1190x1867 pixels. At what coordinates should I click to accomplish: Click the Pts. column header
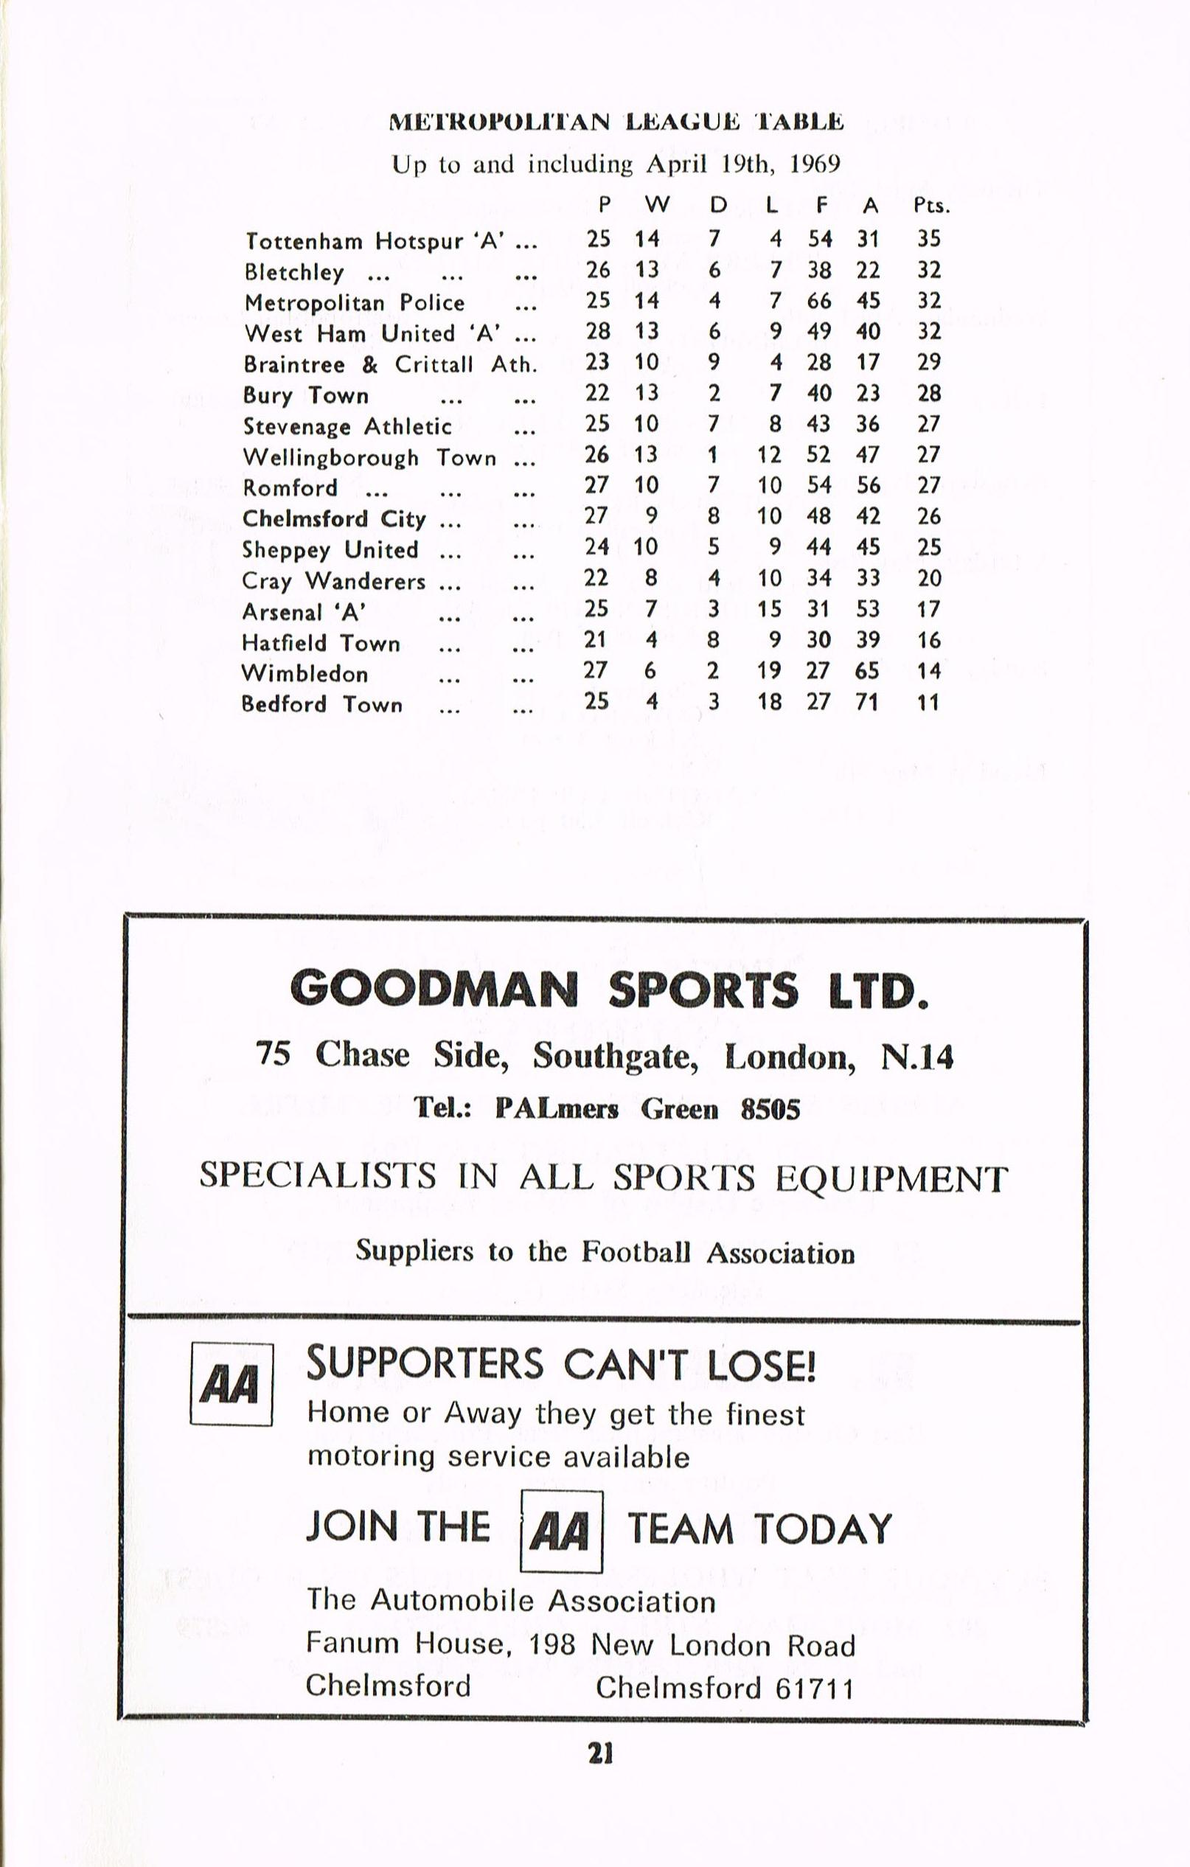pyautogui.click(x=931, y=206)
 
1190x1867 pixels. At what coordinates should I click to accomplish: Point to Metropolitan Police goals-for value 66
pyautogui.click(x=818, y=300)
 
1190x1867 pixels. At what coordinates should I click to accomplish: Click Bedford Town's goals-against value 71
pyautogui.click(x=869, y=703)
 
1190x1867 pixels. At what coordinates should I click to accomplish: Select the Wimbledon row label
pyautogui.click(x=305, y=674)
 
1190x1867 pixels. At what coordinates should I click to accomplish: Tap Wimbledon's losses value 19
pyautogui.click(x=769, y=671)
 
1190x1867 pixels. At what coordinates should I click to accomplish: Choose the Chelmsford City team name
pyautogui.click(x=334, y=518)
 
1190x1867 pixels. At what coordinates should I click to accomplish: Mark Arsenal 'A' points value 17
pyautogui.click(x=928, y=609)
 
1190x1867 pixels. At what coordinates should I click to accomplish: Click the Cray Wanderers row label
pyautogui.click(x=334, y=581)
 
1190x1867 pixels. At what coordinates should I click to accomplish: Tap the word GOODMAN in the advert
pyautogui.click(x=434, y=990)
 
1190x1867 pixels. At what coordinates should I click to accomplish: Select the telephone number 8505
pyautogui.click(x=770, y=1110)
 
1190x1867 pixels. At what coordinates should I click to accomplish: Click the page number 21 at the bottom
pyautogui.click(x=601, y=1753)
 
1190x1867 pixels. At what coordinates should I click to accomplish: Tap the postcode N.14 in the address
pyautogui.click(x=916, y=1057)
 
